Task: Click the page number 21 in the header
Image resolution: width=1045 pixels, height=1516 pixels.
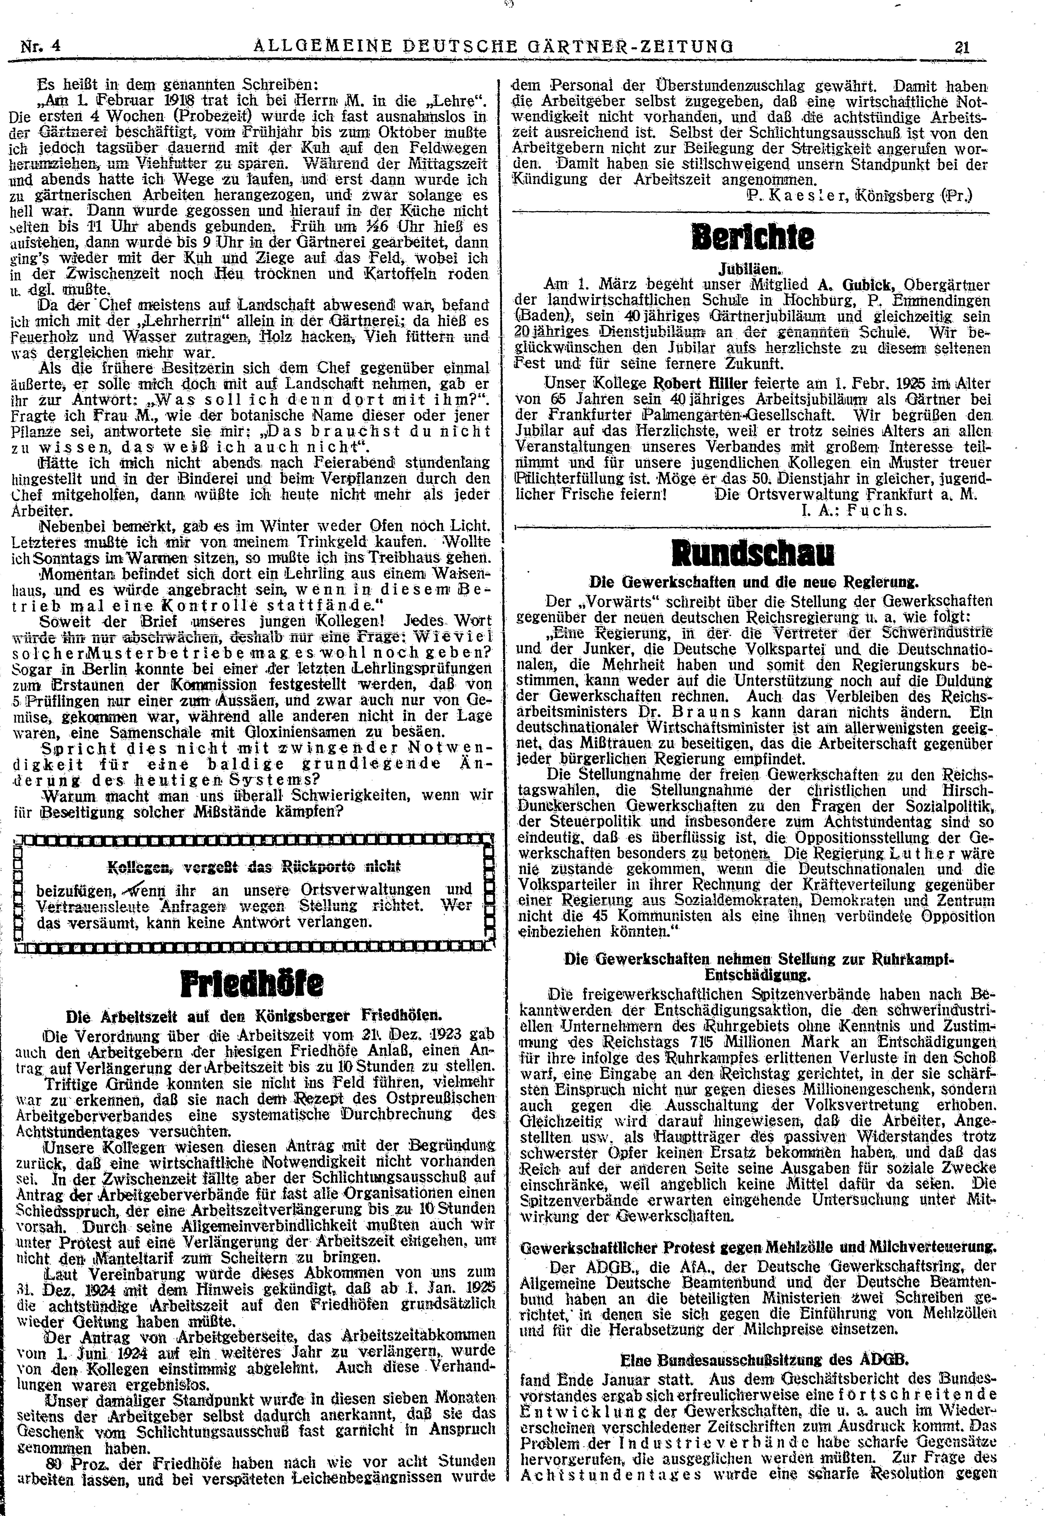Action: [961, 47]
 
